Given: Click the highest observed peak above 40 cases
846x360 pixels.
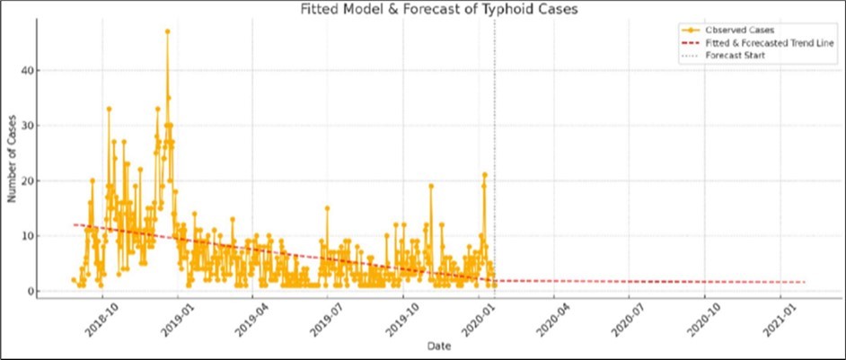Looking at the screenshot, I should [167, 31].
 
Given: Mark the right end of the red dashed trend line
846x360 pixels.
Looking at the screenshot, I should [805, 282].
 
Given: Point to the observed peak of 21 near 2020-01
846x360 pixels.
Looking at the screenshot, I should [484, 174].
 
